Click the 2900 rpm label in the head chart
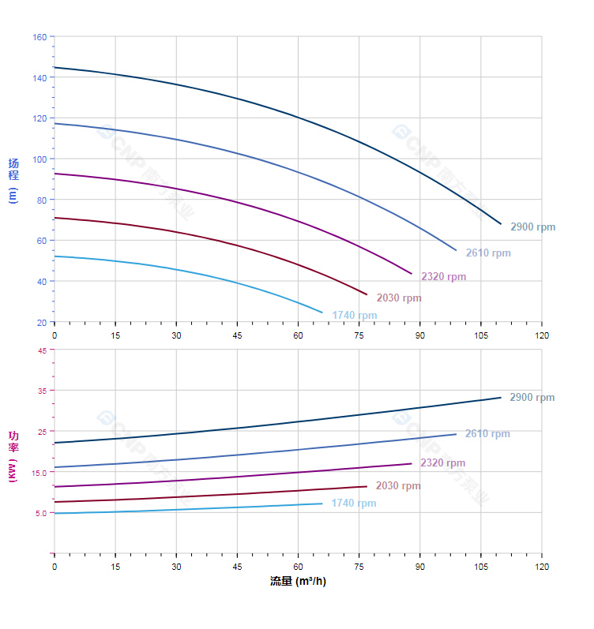[532, 227]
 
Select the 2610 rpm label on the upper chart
[488, 253]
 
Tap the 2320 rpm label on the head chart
[443, 277]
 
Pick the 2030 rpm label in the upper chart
[399, 298]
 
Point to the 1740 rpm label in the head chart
[355, 316]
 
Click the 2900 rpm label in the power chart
[532, 398]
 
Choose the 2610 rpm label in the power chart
[487, 434]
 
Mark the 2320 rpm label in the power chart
[442, 463]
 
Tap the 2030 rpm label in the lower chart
[398, 486]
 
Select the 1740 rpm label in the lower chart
[354, 504]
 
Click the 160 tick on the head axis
[39, 37]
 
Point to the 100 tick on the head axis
[39, 159]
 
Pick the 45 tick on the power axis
[41, 350]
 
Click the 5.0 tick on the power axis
[39, 513]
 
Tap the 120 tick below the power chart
[542, 567]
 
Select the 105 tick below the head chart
[481, 335]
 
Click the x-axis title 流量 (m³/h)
[298, 582]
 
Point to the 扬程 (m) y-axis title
[13, 180]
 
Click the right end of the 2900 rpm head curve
[501, 224]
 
